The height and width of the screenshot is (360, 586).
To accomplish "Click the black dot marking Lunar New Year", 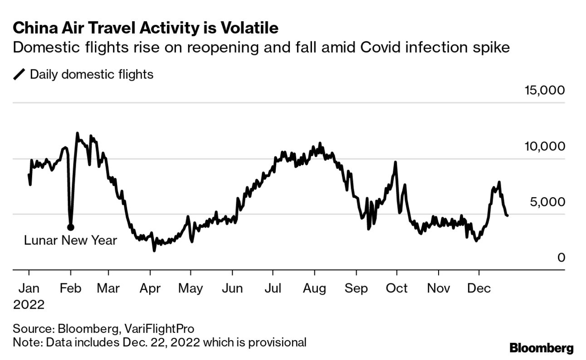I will pos(70,227).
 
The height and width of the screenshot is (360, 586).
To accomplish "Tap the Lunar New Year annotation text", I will pos(70,240).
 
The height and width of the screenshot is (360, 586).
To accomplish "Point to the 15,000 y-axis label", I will pos(545,90).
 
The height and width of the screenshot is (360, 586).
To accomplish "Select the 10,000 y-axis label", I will pos(545,146).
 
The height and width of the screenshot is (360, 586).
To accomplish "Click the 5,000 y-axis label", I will pos(548,202).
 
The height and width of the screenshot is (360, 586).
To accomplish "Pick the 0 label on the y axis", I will pos(561,258).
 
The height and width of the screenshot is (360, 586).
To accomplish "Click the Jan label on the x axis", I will pos(29,288).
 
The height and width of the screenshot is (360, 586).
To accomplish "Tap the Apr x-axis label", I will pos(150,288).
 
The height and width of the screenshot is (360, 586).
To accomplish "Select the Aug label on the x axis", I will pos(315,288).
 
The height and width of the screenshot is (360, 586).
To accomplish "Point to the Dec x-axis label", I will pos(479,288).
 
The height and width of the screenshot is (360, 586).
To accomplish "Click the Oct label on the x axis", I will pos(397,288).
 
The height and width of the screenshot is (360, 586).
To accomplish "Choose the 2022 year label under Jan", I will pos(29,304).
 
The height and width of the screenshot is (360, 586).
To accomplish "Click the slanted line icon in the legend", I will pos(20,74).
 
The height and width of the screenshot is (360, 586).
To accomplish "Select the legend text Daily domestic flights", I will pos(92,74).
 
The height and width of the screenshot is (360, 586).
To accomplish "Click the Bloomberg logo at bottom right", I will pos(542,348).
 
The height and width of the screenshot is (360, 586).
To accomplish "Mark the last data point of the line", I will pos(507,215).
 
